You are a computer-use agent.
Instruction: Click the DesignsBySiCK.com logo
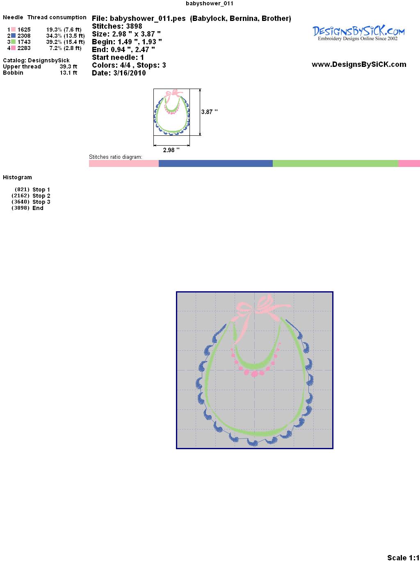pyautogui.click(x=358, y=33)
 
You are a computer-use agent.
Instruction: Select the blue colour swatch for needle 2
pyautogui.click(x=13, y=36)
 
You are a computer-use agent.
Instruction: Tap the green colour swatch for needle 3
pyautogui.click(x=13, y=42)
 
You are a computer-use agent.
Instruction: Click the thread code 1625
pyautogui.click(x=24, y=30)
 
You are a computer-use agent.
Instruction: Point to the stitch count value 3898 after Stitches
pyautogui.click(x=134, y=26)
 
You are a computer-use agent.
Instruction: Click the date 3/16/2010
pyautogui.click(x=130, y=73)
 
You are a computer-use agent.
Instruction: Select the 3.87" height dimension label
pyautogui.click(x=209, y=112)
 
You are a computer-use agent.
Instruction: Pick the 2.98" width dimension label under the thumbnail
pyautogui.click(x=171, y=150)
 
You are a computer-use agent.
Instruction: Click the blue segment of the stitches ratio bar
pyautogui.click(x=215, y=163)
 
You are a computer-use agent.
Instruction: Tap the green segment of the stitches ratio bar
pyautogui.click(x=335, y=163)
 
